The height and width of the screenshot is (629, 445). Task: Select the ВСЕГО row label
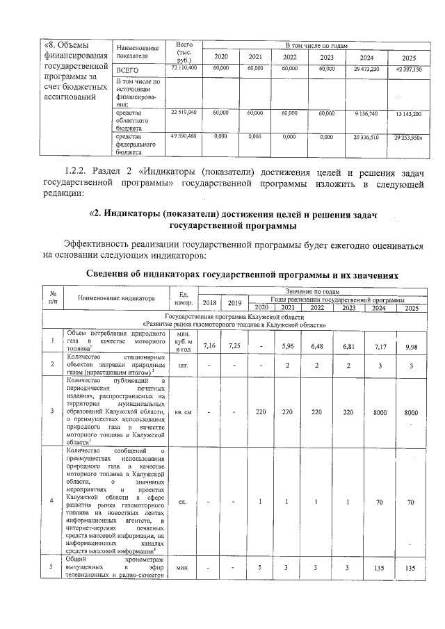[127, 71]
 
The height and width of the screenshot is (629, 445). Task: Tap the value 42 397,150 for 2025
[408, 70]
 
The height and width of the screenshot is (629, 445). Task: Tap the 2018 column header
[210, 302]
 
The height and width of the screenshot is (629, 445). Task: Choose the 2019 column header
[236, 302]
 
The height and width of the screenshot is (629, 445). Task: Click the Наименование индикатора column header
[116, 298]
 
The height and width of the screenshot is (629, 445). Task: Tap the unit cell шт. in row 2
[184, 364]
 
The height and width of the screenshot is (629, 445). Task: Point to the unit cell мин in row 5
[184, 568]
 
